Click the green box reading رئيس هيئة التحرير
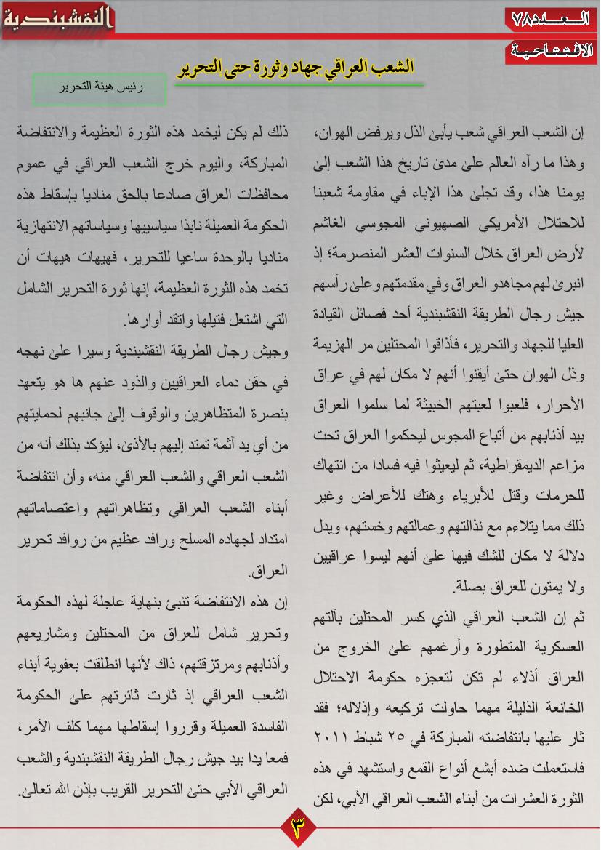[x=100, y=89]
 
